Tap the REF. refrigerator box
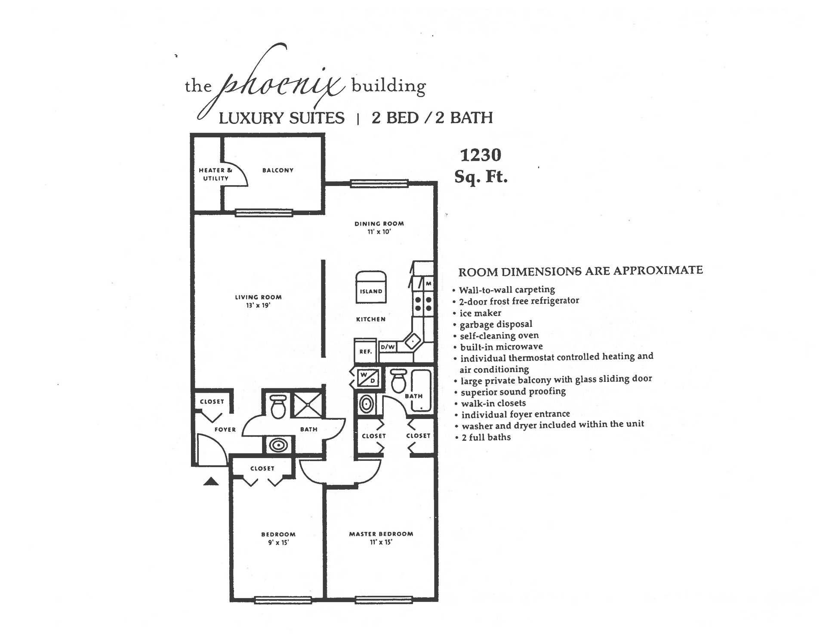click(365, 351)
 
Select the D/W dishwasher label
click(388, 347)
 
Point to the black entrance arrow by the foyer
click(211, 481)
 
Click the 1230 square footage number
click(481, 155)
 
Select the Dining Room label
click(379, 223)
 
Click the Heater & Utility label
click(215, 174)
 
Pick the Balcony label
click(278, 170)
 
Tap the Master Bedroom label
click(381, 534)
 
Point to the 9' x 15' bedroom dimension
click(278, 543)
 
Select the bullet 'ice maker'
click(480, 313)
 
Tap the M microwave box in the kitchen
click(428, 283)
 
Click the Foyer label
click(225, 429)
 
